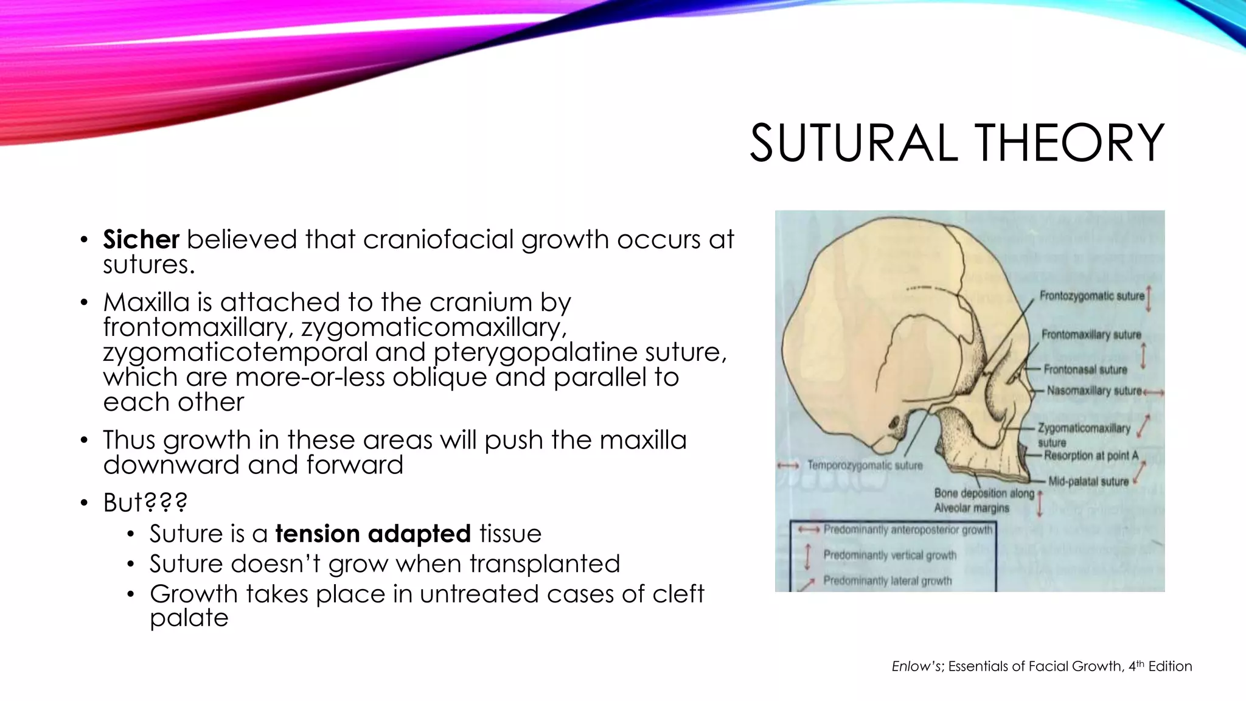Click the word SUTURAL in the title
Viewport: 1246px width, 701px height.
[851, 143]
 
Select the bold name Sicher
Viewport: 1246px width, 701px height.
[141, 239]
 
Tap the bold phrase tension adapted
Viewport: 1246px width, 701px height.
[373, 534]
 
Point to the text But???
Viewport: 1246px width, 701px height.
[145, 503]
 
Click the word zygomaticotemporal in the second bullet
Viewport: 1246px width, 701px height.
[235, 352]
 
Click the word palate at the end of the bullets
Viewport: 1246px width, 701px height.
[189, 618]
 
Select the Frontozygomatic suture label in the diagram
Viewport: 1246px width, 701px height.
[1091, 296]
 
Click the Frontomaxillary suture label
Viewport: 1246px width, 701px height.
[1091, 335]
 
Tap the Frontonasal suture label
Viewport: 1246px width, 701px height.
[1085, 369]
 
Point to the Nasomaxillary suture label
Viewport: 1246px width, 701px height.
[1094, 391]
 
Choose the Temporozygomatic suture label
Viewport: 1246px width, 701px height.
[865, 466]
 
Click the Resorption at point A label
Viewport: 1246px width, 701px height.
[1091, 455]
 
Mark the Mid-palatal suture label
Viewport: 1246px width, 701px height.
[1088, 481]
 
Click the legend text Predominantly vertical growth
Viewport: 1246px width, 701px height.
[889, 555]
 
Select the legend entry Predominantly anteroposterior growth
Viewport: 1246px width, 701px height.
[907, 530]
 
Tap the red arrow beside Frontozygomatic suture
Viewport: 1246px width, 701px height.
[1149, 299]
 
